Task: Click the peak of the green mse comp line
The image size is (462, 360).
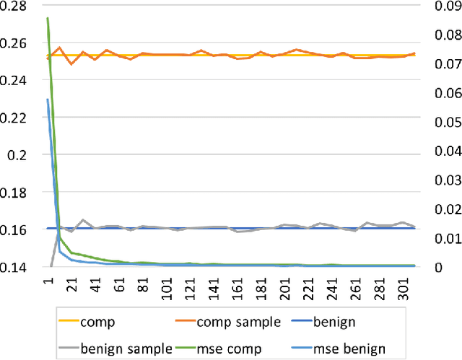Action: (48, 18)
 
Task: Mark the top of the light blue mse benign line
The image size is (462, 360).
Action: (48, 100)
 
